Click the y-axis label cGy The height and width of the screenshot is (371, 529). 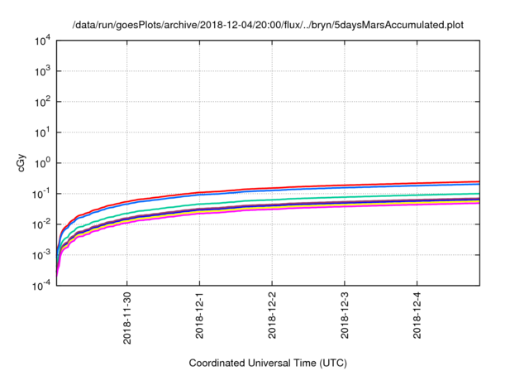click(22, 163)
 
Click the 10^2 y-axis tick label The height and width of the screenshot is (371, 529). click(44, 102)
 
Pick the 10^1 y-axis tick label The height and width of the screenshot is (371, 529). click(44, 132)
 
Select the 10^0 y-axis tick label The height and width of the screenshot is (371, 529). click(44, 163)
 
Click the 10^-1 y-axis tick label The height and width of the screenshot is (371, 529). click(43, 194)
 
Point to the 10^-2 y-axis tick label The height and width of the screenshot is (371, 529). click(43, 224)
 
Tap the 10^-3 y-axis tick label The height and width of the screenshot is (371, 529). click(43, 255)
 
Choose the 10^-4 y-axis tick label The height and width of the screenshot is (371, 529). click(43, 285)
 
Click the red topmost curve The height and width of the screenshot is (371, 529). click(331, 185)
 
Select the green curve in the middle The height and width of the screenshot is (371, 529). click(331, 197)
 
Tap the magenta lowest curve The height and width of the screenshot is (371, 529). click(331, 206)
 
